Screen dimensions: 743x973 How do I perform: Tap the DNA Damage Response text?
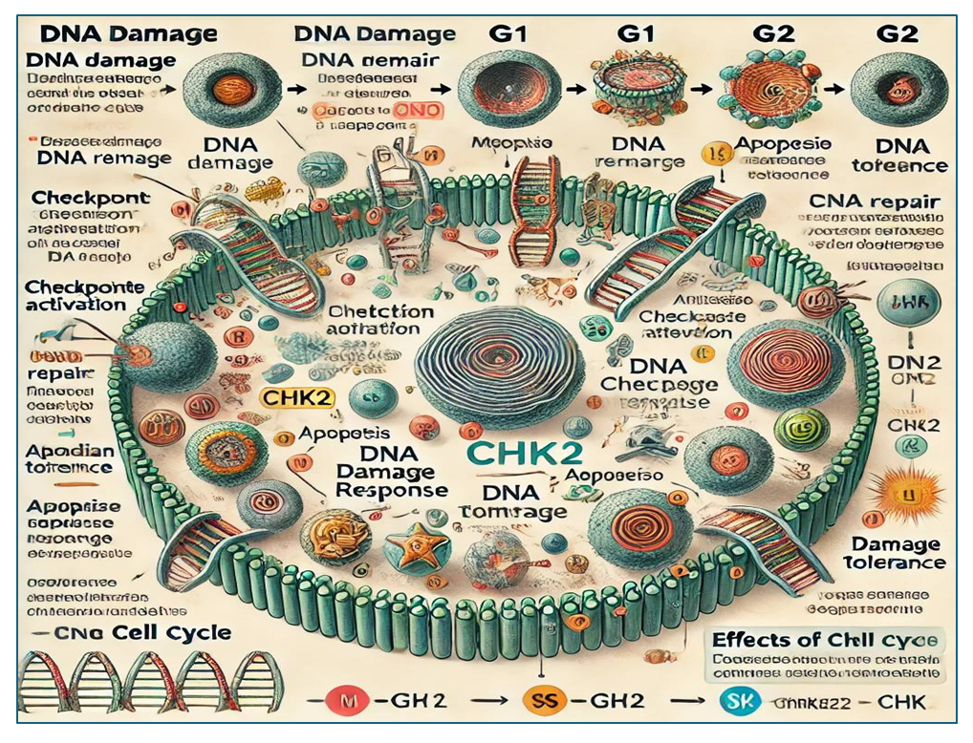(392, 473)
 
